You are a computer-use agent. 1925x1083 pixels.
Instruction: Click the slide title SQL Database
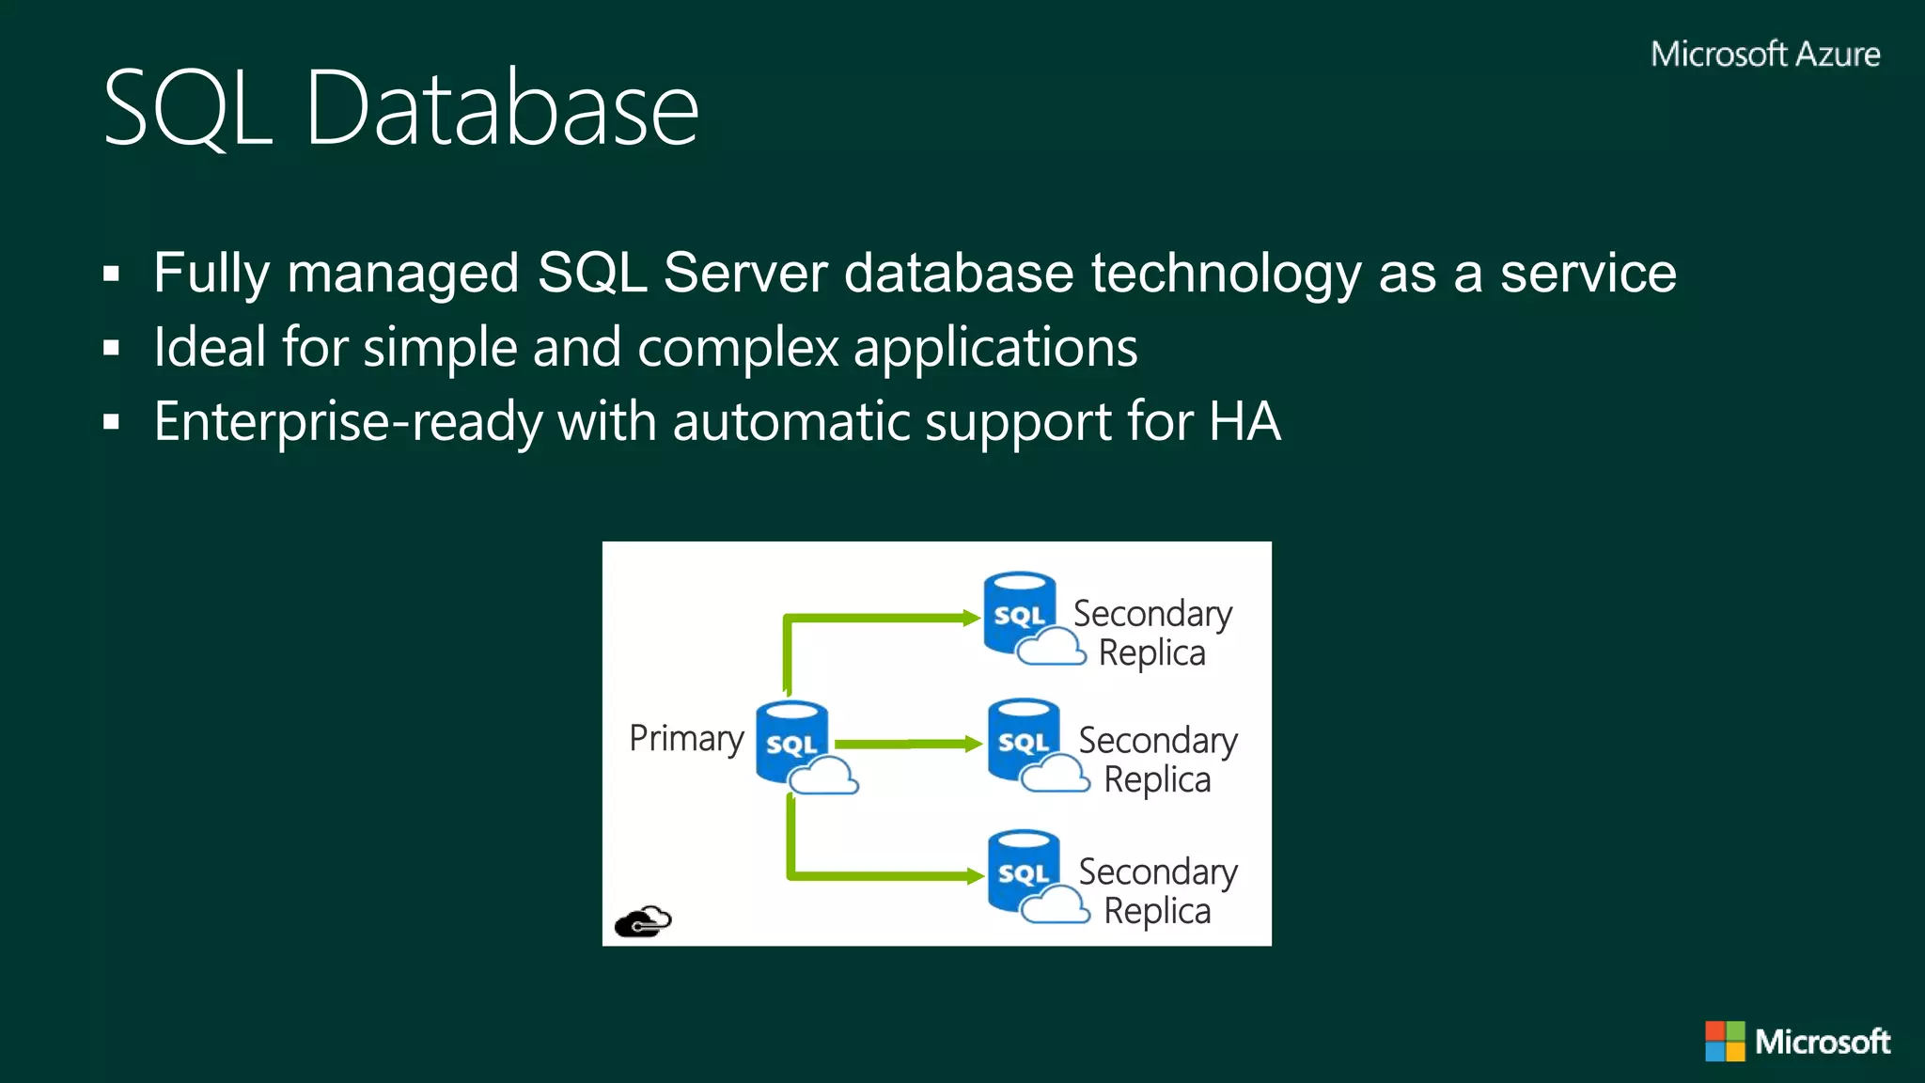(400, 108)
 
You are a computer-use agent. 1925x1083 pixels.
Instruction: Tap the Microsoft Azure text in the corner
(1765, 55)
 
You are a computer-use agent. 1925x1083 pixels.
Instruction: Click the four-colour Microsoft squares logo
(1725, 1041)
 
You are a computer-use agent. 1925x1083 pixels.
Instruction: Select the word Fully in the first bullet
(211, 273)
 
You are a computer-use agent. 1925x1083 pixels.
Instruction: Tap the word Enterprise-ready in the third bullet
(348, 421)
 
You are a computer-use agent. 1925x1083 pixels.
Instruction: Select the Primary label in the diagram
(686, 739)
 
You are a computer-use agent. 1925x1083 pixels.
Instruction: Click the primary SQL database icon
(792, 743)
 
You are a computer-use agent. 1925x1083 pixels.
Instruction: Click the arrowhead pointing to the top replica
(972, 618)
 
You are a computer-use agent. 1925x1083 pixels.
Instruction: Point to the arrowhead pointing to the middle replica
(974, 744)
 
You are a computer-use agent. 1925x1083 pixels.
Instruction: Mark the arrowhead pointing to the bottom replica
(976, 876)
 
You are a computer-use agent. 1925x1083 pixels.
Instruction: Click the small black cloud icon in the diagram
(643, 921)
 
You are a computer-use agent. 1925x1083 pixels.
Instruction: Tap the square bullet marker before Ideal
(112, 349)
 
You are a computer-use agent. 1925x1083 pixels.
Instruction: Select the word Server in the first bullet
(744, 273)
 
